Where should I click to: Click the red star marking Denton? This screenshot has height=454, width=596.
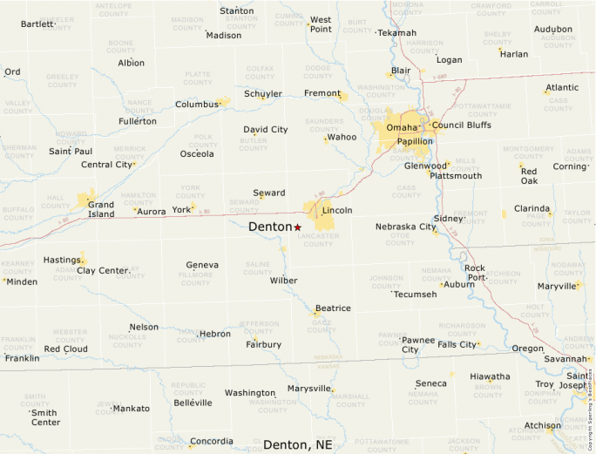click(297, 227)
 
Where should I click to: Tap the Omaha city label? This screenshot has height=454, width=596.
click(402, 128)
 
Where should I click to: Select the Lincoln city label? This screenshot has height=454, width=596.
click(337, 211)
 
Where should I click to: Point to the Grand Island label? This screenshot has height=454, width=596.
click(101, 209)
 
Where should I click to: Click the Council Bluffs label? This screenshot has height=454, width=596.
click(461, 125)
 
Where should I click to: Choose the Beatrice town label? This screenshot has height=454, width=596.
click(333, 308)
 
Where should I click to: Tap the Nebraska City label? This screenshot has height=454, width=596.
click(405, 227)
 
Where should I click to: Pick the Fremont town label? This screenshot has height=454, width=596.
click(322, 93)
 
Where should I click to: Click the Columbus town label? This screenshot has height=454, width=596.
click(196, 105)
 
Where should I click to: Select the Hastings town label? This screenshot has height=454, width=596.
click(62, 260)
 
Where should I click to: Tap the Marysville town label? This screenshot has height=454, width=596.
click(309, 388)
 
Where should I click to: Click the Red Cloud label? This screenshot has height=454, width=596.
click(65, 349)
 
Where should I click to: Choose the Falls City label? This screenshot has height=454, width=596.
click(457, 344)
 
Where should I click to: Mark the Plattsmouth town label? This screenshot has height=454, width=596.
click(455, 176)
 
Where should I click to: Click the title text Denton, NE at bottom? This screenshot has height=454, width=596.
click(297, 444)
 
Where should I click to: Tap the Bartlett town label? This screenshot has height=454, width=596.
click(37, 24)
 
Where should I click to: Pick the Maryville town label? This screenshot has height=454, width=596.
click(557, 286)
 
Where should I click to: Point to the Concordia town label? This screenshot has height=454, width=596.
click(212, 441)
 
